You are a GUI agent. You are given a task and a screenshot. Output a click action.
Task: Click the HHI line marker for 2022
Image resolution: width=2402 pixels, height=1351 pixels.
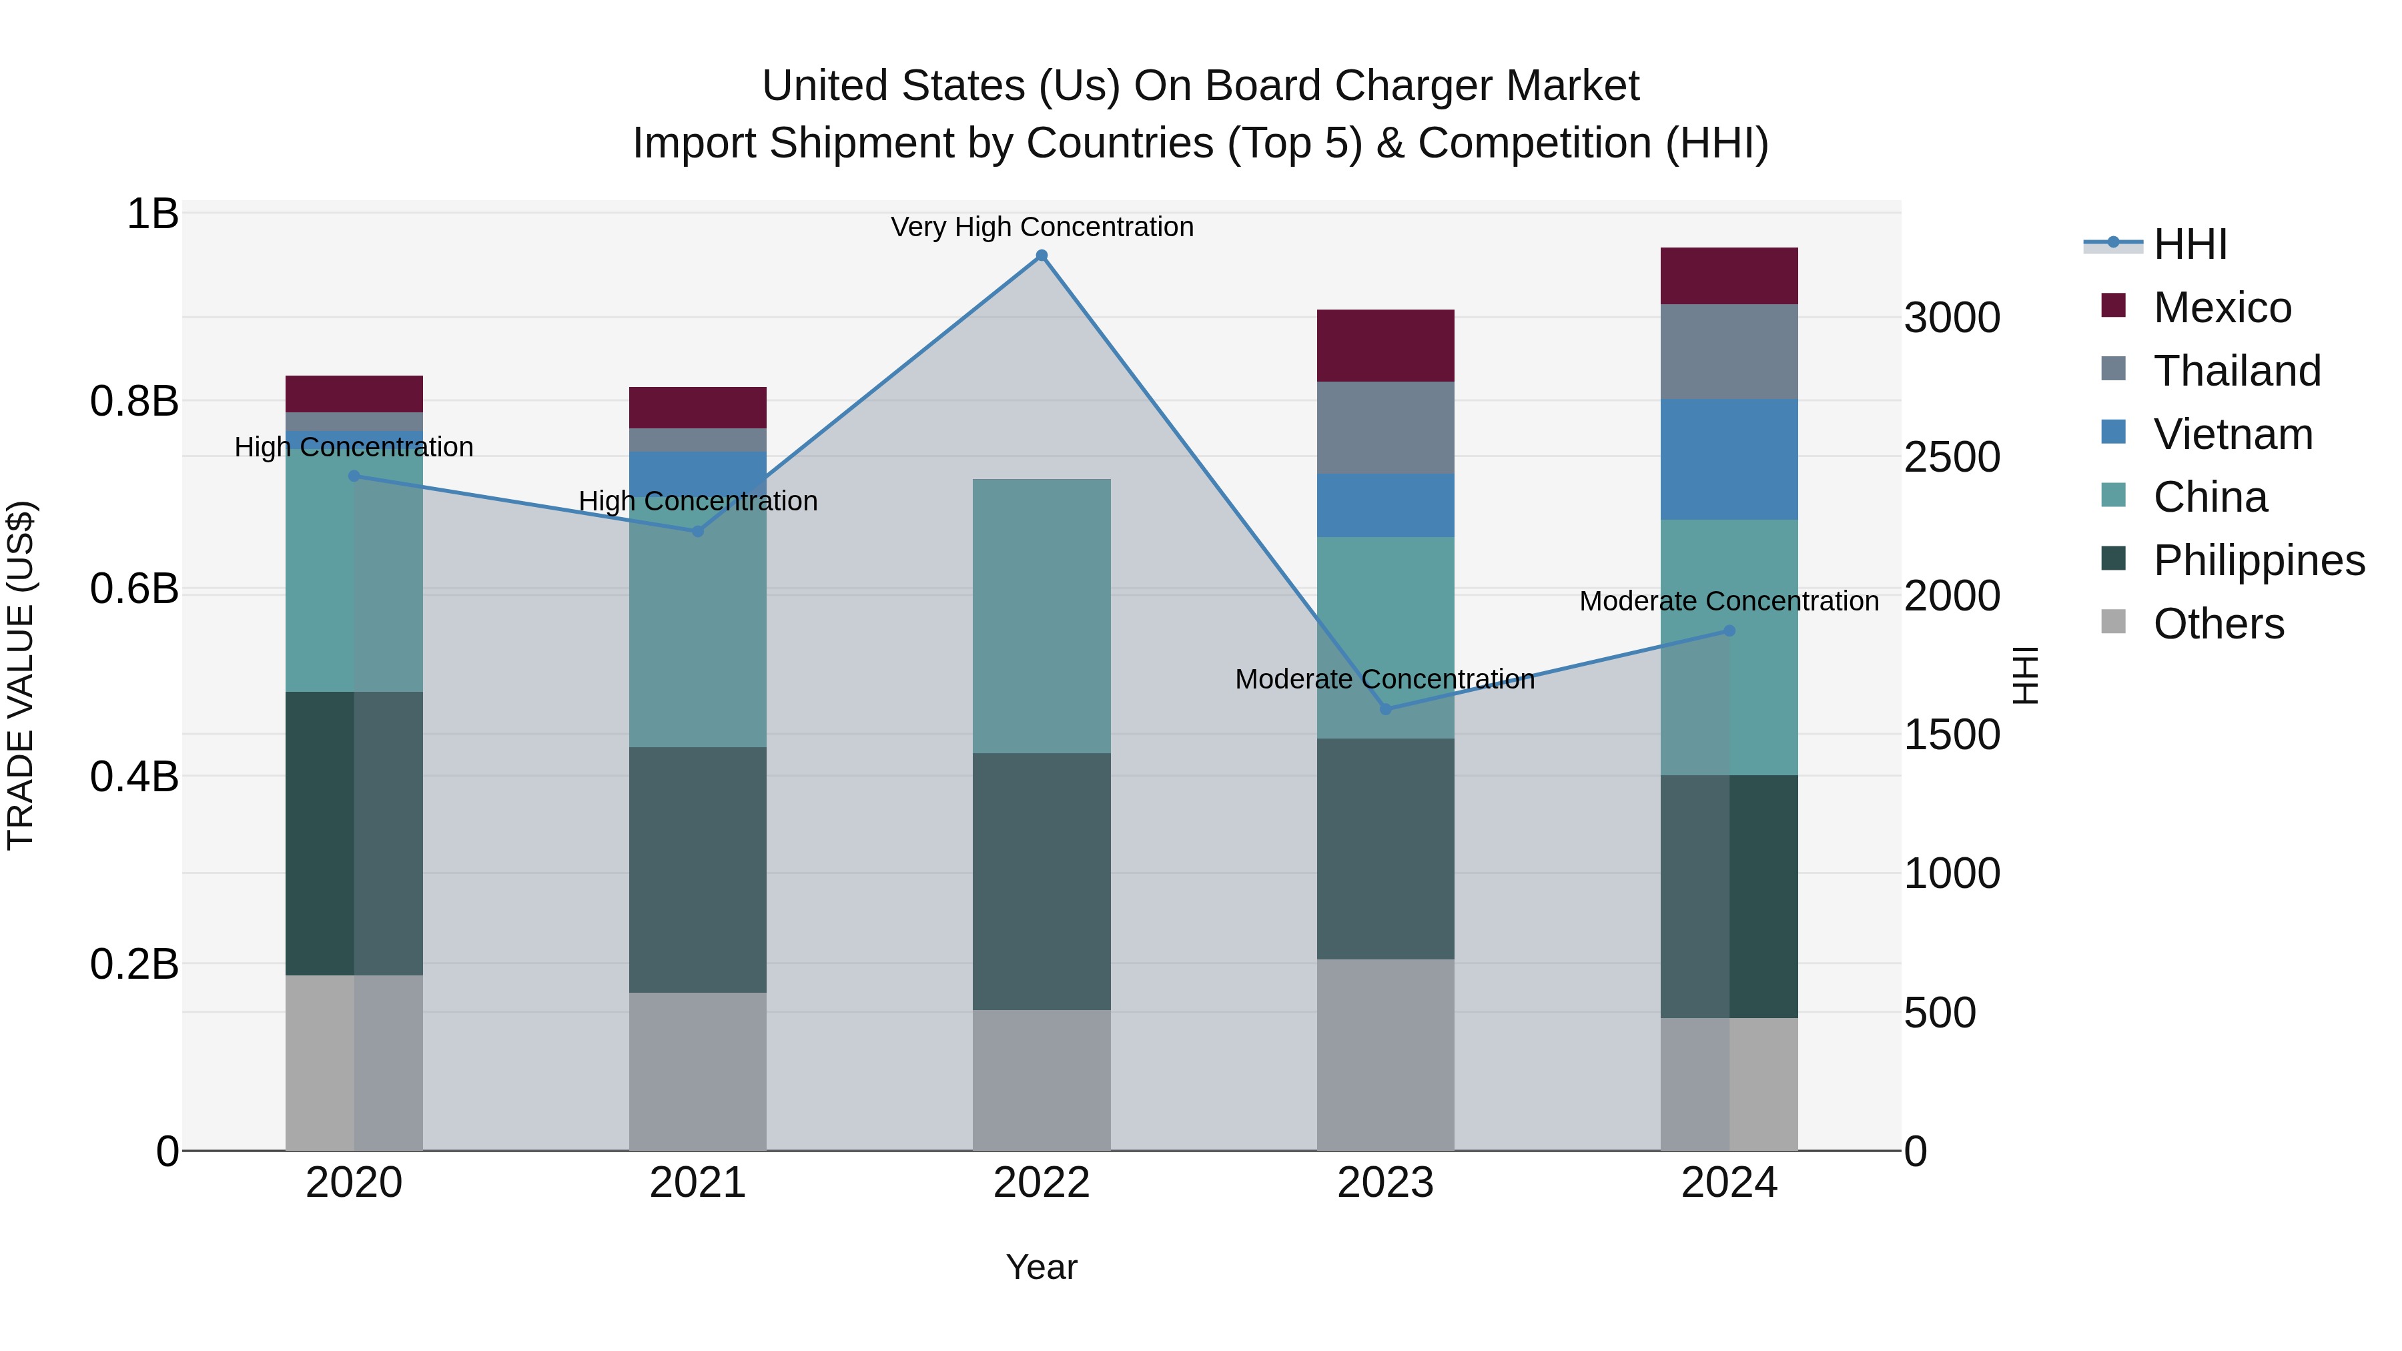coord(1042,256)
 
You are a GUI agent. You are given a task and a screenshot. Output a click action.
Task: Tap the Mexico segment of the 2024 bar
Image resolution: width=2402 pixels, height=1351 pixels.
coord(1729,276)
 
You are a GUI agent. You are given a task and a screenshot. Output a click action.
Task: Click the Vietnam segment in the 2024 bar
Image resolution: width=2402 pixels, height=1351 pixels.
coord(1729,459)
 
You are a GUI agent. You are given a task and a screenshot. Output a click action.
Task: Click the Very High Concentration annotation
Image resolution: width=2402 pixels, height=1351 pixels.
coord(1042,227)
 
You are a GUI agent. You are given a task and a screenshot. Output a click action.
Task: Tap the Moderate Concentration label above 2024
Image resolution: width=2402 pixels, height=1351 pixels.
coord(1729,601)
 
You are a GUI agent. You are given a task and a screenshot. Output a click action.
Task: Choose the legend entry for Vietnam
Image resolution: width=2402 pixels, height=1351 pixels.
coord(2233,434)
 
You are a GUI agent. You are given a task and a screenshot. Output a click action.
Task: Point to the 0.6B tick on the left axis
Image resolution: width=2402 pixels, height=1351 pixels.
coord(134,588)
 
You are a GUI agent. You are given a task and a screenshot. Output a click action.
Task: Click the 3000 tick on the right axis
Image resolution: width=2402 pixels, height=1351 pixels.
coord(1952,318)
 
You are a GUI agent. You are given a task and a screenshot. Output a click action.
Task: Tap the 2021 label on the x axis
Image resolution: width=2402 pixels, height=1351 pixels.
coord(697,1183)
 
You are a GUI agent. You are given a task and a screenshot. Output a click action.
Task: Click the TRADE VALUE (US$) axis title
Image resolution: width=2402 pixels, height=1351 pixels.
coord(21,675)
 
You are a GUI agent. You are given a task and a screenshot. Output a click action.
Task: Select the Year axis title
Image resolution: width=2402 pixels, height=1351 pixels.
coord(1042,1267)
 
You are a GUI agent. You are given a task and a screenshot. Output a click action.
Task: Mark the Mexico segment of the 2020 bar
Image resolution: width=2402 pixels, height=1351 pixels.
coord(354,394)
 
